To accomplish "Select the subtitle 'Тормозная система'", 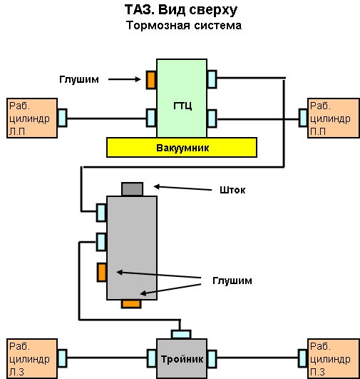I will [x=184, y=26].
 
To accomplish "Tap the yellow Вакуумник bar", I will [x=181, y=147].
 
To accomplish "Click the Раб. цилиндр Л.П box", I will [x=31, y=118].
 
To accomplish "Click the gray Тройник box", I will [x=182, y=359].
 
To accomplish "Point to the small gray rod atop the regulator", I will [x=132, y=189].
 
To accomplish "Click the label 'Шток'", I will [x=223, y=190].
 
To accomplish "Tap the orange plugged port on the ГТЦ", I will [x=151, y=79].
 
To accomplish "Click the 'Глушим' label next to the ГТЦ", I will [x=78, y=79].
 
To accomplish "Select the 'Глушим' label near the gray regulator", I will [x=232, y=281].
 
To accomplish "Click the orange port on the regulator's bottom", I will [x=130, y=304].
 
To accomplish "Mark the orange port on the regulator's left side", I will [x=102, y=272].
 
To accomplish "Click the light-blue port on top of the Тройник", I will [x=182, y=333].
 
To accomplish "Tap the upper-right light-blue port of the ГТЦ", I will [x=212, y=79].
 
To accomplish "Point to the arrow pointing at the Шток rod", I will [x=179, y=188].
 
